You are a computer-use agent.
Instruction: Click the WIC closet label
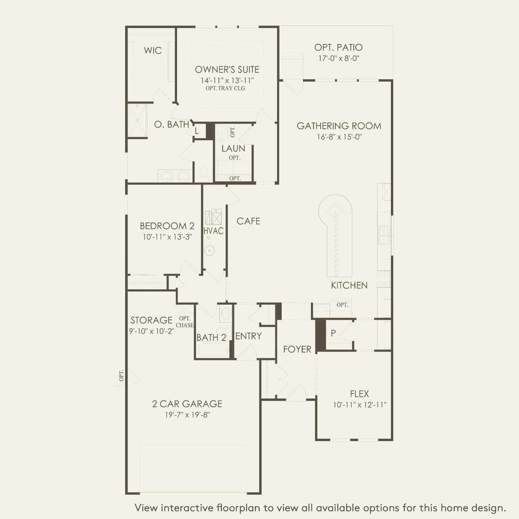coord(153,50)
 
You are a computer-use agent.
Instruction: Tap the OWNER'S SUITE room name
coord(227,69)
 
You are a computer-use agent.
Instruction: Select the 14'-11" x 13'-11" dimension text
coord(227,80)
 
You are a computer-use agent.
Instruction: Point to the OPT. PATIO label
coord(339,47)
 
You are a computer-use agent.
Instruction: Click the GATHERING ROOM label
coord(339,126)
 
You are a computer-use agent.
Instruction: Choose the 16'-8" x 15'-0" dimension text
coord(339,137)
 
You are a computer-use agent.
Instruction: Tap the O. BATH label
coord(172,124)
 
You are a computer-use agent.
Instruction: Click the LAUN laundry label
coord(233,149)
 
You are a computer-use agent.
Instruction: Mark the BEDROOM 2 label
coord(167,226)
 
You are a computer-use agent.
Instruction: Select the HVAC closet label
coord(213,231)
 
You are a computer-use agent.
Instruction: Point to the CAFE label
coord(248,221)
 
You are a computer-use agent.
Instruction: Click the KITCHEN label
coord(349,285)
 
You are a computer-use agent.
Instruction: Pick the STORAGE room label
coord(152,320)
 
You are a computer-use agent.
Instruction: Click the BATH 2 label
coord(211,337)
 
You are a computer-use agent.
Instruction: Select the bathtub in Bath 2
coord(213,349)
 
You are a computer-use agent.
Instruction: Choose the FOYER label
coord(297,349)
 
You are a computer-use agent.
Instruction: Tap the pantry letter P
coord(333,333)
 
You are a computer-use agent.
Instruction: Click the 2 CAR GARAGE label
coord(187,404)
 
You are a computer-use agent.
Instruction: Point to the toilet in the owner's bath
coord(204,174)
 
